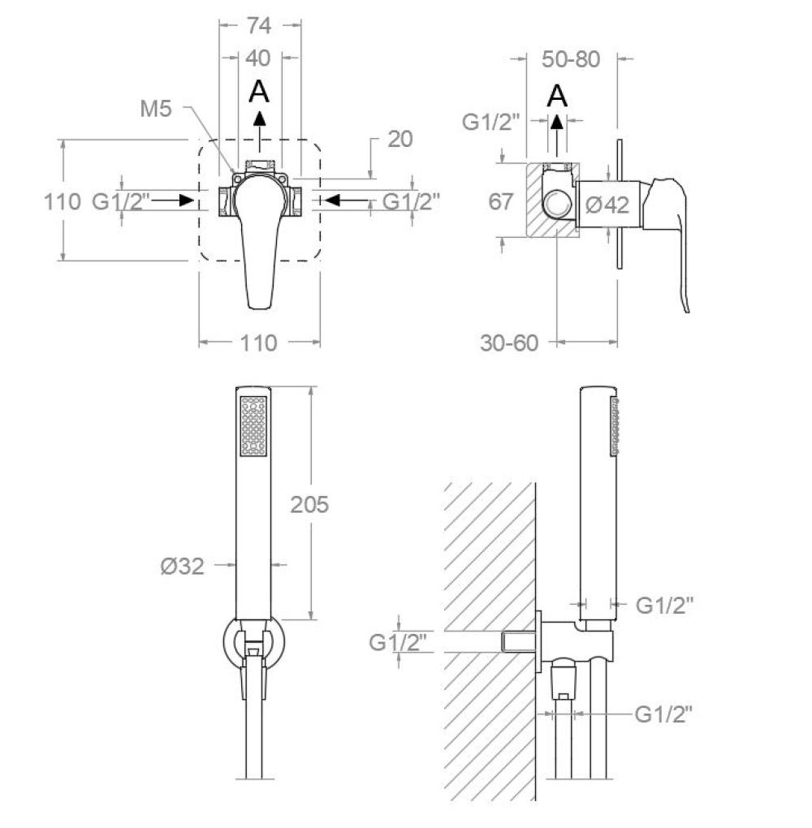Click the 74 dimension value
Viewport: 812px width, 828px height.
point(259,25)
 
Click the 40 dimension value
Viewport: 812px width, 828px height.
point(258,58)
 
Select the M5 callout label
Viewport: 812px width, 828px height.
point(156,109)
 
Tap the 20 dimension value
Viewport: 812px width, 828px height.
point(400,140)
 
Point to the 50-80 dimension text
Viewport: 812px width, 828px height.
point(571,59)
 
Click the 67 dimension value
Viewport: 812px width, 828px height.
point(500,201)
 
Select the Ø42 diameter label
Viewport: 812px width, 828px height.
point(607,205)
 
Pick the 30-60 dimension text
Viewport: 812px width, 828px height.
point(509,343)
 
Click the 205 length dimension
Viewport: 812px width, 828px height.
point(309,505)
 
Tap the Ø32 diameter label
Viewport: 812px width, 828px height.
point(182,567)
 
